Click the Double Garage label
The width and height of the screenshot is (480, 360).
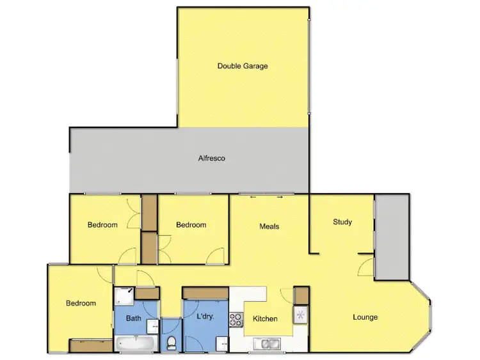[x=243, y=66]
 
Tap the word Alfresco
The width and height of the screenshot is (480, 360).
[x=212, y=158]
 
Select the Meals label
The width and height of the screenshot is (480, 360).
[x=269, y=226]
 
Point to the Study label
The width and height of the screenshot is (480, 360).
[x=342, y=223]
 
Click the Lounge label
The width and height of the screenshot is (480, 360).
[x=365, y=317]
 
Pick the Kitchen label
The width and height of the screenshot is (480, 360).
[x=265, y=318]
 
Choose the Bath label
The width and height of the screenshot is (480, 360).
[x=133, y=318]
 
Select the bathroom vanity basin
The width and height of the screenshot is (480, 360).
[x=153, y=326]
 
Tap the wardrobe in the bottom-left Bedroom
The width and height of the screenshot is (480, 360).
[x=91, y=346]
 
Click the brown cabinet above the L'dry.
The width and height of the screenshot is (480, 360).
[x=205, y=292]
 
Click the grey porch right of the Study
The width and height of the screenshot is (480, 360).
[x=391, y=237]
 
